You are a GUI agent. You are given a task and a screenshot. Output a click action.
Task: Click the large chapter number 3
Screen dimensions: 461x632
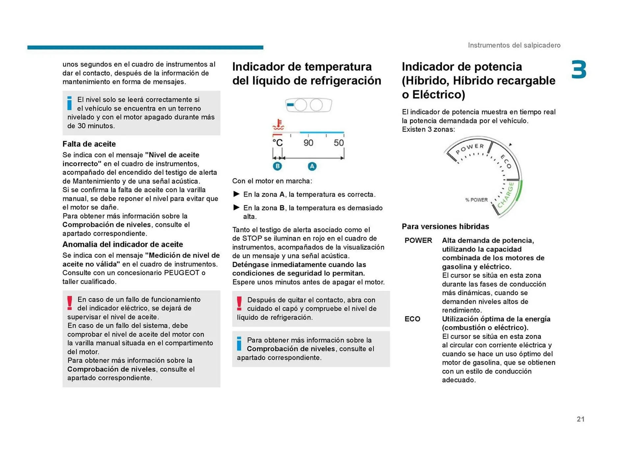(579, 70)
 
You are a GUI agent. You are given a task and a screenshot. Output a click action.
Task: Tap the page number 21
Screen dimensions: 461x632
(580, 419)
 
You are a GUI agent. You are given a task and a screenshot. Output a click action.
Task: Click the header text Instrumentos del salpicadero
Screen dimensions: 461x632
(514, 45)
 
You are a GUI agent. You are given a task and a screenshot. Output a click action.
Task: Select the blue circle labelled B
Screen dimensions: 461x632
(277, 166)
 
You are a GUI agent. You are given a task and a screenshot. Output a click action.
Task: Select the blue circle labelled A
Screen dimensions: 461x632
(312, 166)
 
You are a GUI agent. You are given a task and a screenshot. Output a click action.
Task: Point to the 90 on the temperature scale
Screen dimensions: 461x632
(308, 143)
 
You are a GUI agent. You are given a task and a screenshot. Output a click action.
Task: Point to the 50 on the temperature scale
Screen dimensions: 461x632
(338, 143)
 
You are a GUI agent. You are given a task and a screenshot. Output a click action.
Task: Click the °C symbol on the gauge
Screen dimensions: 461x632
(277, 143)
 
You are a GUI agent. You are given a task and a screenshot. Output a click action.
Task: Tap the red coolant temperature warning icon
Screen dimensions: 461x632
(278, 125)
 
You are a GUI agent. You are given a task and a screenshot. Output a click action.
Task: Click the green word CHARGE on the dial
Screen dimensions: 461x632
(506, 195)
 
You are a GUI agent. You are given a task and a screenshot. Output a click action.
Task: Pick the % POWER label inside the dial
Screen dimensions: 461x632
(476, 200)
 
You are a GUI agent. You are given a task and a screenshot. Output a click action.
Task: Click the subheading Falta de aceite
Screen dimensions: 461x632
(89, 144)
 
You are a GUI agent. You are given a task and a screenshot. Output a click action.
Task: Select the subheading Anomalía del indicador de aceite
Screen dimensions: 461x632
(122, 244)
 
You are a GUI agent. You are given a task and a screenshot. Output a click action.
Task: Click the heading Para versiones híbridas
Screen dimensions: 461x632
(445, 227)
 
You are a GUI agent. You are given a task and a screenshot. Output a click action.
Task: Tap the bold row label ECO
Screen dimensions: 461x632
(412, 319)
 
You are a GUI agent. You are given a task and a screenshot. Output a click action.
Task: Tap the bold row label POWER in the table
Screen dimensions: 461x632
(418, 240)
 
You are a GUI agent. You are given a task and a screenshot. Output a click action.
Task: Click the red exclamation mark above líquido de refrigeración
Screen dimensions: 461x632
(239, 303)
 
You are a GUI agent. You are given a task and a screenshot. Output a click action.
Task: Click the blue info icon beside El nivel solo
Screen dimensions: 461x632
(69, 103)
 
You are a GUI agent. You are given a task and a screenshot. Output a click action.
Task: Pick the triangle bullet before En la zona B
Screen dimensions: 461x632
(236, 207)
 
